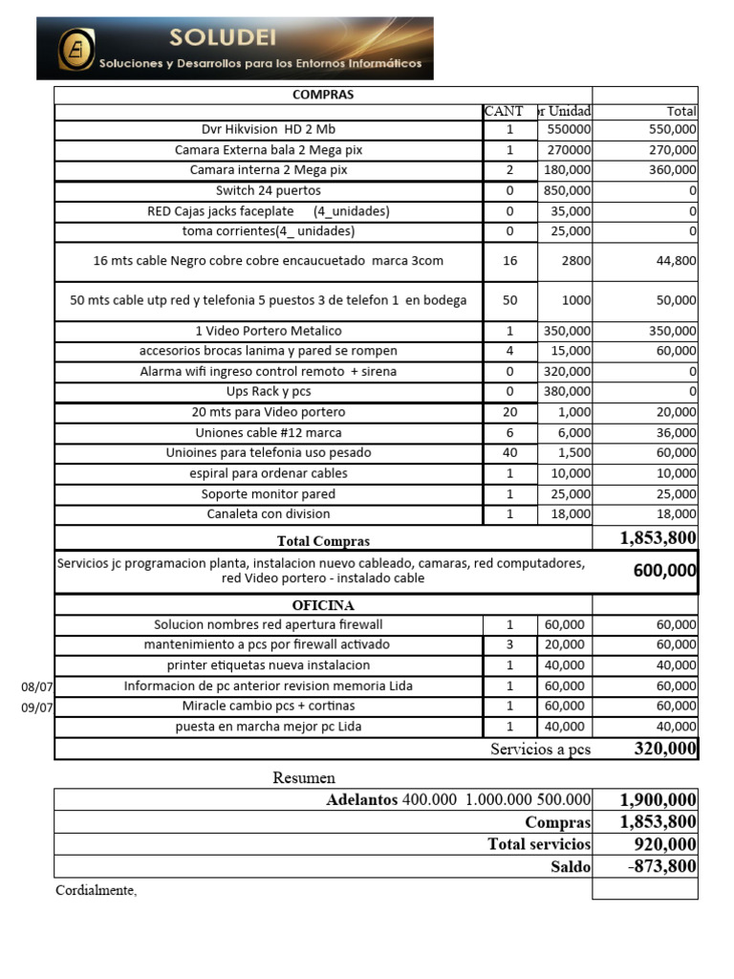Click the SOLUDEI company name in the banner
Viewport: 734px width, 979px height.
click(222, 37)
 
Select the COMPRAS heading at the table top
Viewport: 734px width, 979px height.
click(322, 95)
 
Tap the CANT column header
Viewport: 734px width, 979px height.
click(504, 112)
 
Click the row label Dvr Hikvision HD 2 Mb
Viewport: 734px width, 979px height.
click(269, 129)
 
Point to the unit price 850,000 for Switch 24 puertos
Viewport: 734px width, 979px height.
click(567, 190)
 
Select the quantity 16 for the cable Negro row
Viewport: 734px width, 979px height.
click(509, 260)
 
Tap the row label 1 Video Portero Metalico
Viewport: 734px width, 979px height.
click(269, 331)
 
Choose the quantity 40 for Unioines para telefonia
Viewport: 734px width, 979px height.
click(509, 452)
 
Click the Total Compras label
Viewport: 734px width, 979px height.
click(323, 541)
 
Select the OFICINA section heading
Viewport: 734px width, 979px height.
click(323, 605)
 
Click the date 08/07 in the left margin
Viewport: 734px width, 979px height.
click(37, 686)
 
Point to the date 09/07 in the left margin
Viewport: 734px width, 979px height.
click(37, 707)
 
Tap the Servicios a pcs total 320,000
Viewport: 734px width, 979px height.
click(665, 749)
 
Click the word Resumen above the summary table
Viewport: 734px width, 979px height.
click(304, 778)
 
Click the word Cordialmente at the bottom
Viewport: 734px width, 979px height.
click(97, 891)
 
